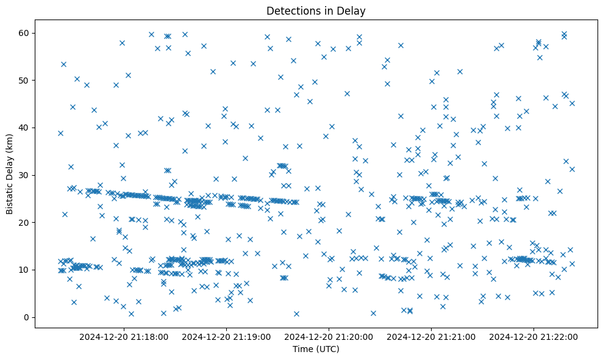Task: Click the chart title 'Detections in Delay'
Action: pos(316,11)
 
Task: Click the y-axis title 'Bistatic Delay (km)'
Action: pos(10,165)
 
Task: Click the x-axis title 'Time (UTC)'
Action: pos(316,349)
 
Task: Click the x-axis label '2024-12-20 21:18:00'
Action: pos(124,336)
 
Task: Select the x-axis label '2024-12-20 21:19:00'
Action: pos(227,336)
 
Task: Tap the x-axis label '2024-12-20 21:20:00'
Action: pos(329,336)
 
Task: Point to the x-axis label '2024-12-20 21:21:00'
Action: pos(432,336)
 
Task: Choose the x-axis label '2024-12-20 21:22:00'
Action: pos(534,336)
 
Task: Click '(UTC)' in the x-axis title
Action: pos(327,349)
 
